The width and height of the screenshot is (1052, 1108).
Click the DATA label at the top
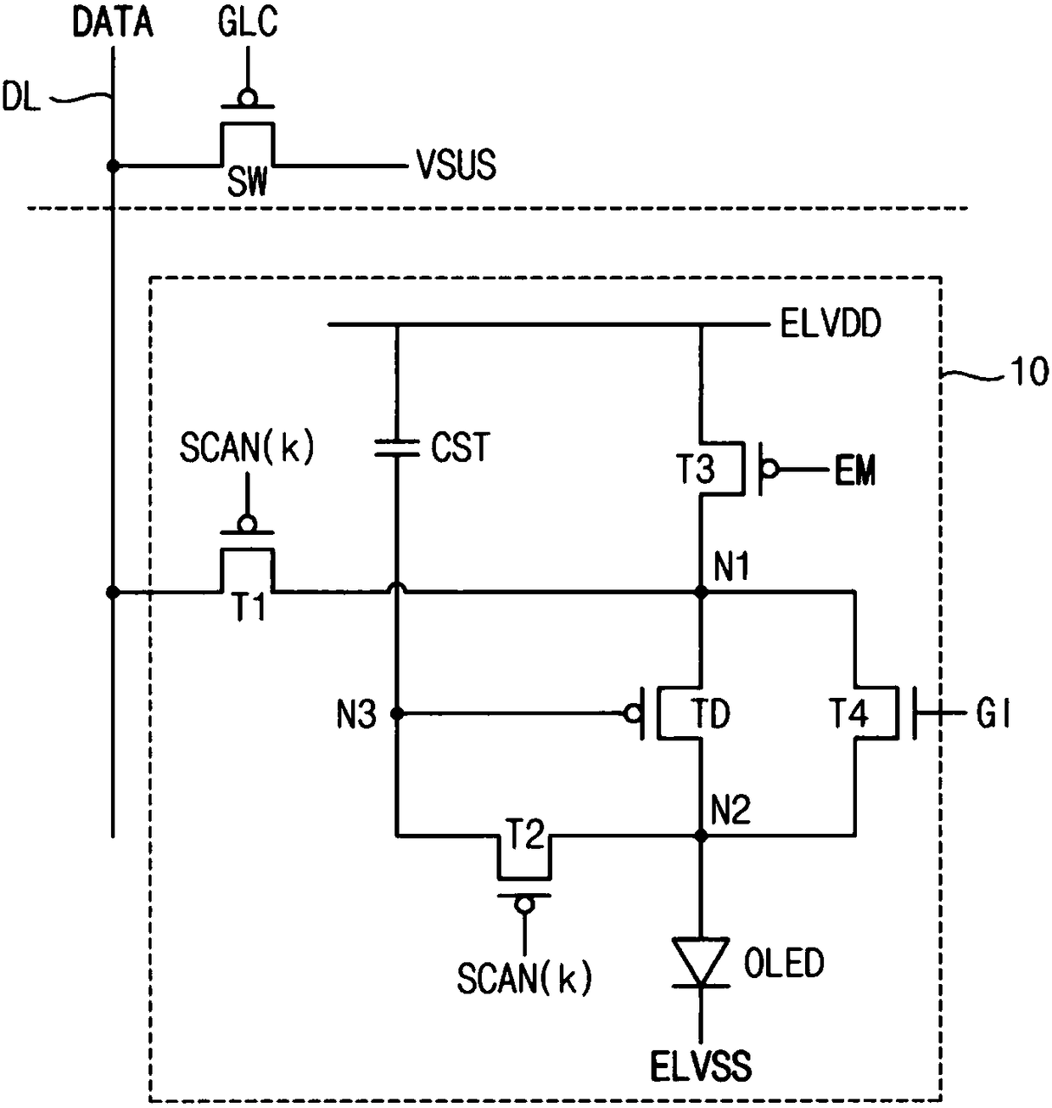click(x=113, y=23)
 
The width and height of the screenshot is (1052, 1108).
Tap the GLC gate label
click(x=247, y=23)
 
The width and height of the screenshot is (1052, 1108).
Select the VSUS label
click(x=456, y=165)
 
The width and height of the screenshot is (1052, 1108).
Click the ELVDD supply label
click(x=831, y=324)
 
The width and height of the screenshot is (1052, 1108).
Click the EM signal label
click(x=855, y=471)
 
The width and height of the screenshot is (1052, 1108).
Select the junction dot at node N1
click(x=701, y=593)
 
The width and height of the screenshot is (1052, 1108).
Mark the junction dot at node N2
click(x=701, y=835)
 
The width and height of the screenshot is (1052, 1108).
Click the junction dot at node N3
click(x=397, y=714)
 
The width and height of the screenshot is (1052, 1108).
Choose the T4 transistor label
click(x=848, y=713)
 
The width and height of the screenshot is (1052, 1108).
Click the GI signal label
click(x=994, y=713)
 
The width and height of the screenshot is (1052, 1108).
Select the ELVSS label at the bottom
click(x=701, y=1066)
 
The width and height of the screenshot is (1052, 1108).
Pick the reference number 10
click(x=1030, y=372)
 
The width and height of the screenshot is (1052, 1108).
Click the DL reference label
click(x=21, y=97)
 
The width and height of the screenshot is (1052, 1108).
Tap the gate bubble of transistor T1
click(x=247, y=524)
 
